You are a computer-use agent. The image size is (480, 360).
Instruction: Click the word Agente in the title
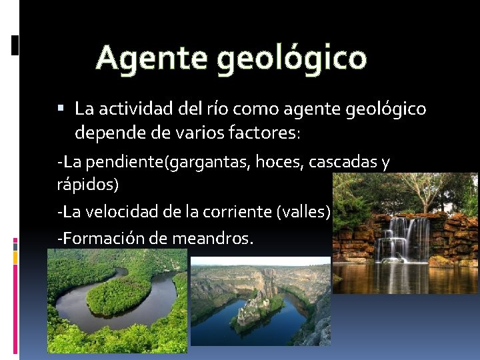153,58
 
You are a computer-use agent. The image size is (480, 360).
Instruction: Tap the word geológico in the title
292,59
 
